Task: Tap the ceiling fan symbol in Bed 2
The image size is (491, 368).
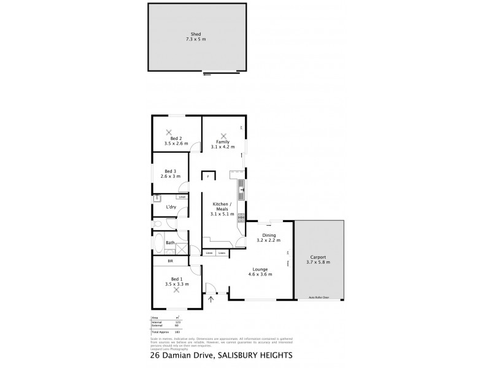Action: [x=168, y=132]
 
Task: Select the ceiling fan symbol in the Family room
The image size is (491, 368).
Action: [x=223, y=136]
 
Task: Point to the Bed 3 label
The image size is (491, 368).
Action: [x=171, y=171]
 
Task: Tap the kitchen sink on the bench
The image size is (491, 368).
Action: [x=242, y=187]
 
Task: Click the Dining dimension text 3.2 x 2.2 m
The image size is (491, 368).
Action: [x=269, y=240]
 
